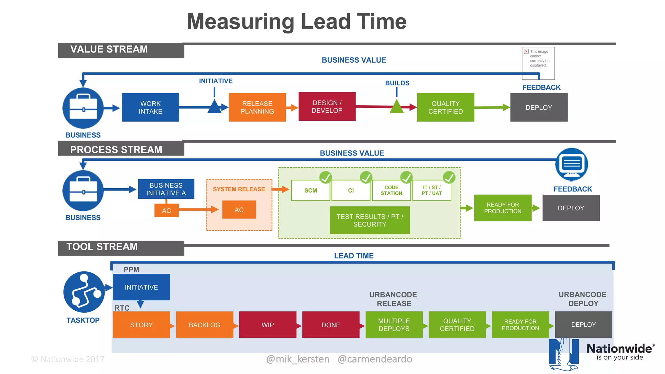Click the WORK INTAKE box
pyautogui.click(x=150, y=107)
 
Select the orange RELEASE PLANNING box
pyautogui.click(x=257, y=107)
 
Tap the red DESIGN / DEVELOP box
pyautogui.click(x=327, y=106)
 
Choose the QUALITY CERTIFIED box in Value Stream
pyautogui.click(x=445, y=107)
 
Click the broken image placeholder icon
pyautogui.click(x=526, y=52)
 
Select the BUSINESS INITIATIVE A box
pyautogui.click(x=166, y=189)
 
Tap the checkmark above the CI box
pyautogui.click(x=366, y=177)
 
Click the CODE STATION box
pyautogui.click(x=391, y=191)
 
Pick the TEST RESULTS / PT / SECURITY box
pyautogui.click(x=370, y=220)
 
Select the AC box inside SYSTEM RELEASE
pyautogui.click(x=239, y=210)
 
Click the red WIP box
pyautogui.click(x=268, y=325)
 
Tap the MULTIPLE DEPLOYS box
pyautogui.click(x=394, y=325)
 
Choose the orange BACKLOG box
pyautogui.click(x=205, y=325)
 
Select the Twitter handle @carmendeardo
pyautogui.click(x=375, y=359)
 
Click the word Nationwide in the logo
pyautogui.click(x=619, y=349)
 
